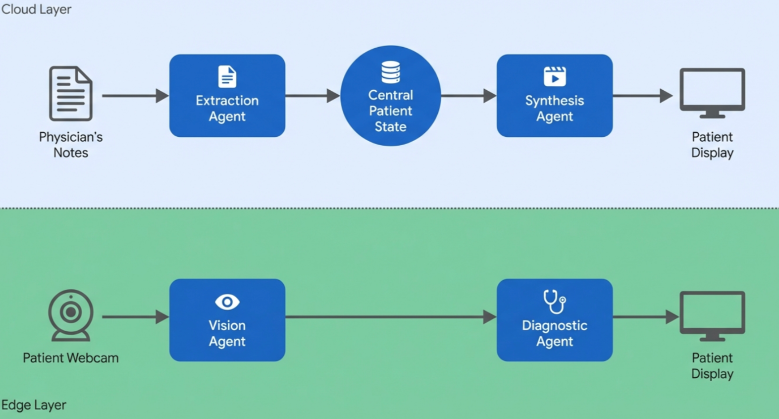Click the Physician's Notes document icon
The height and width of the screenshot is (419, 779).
tap(71, 93)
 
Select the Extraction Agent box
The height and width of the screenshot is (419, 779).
tap(227, 96)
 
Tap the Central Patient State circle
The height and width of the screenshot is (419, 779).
tap(391, 96)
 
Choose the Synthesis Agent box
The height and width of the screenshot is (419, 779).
tap(554, 96)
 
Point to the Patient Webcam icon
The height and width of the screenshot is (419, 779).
tap(71, 315)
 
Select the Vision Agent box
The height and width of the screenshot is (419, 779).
tap(227, 320)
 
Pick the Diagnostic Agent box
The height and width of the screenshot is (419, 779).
tap(554, 320)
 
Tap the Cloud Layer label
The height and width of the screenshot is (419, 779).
tap(36, 9)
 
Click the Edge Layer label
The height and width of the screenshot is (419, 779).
tap(34, 405)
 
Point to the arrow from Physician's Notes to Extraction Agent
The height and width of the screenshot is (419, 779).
tap(135, 96)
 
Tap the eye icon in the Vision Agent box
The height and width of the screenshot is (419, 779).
tap(227, 302)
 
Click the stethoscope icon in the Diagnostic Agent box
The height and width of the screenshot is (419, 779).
tap(554, 301)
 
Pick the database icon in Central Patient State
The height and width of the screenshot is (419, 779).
tap(391, 72)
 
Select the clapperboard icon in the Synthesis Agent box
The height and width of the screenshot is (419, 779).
tap(554, 76)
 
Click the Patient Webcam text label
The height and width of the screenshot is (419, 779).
tap(71, 358)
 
